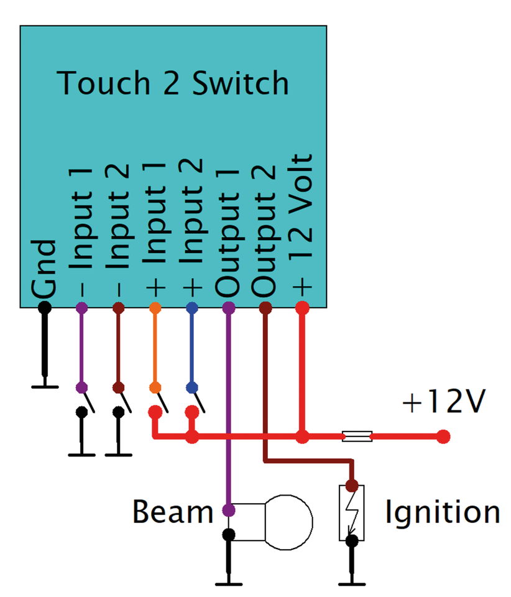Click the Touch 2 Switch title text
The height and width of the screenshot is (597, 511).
(x=173, y=83)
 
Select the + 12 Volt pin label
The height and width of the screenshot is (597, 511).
(x=303, y=223)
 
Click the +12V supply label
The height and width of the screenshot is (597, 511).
(x=443, y=404)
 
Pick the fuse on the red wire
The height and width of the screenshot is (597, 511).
(x=357, y=437)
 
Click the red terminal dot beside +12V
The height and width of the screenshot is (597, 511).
(x=443, y=437)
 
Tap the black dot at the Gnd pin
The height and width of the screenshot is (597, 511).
(x=45, y=307)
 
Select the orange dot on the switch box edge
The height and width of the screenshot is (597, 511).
(x=155, y=307)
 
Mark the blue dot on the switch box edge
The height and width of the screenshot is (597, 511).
(x=192, y=307)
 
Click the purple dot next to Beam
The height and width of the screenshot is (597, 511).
(x=229, y=511)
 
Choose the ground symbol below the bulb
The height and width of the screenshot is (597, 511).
(x=229, y=583)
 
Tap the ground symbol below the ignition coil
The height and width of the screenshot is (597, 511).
(x=352, y=583)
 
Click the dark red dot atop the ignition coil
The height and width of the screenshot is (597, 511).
(x=352, y=485)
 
